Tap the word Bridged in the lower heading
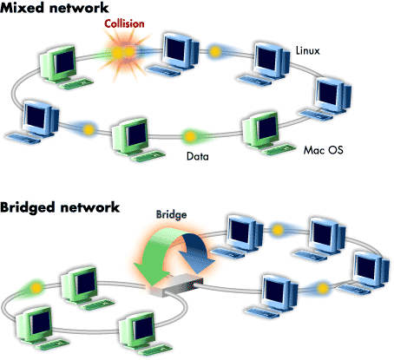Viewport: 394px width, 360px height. tap(28, 209)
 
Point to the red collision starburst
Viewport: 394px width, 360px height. tap(122, 55)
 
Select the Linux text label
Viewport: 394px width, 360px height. tap(309, 51)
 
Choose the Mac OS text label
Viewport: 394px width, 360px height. tap(323, 149)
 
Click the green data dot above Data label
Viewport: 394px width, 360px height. tap(188, 135)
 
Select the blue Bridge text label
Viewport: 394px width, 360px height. tap(170, 213)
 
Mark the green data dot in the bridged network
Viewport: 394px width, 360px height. tap(35, 285)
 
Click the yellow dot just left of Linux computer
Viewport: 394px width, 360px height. tap(215, 54)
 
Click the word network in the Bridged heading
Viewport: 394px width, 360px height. tap(88, 209)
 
